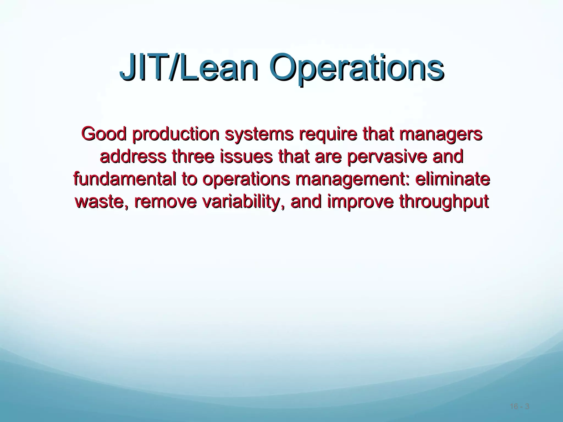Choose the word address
133,157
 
